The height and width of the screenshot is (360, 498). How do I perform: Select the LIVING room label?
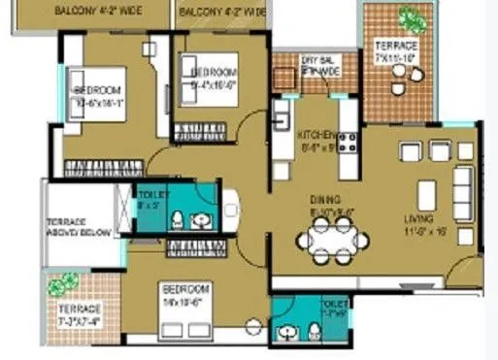419,219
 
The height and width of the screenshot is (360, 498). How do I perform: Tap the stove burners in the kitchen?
348,142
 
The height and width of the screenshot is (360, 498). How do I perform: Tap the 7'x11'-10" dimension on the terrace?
395,58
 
